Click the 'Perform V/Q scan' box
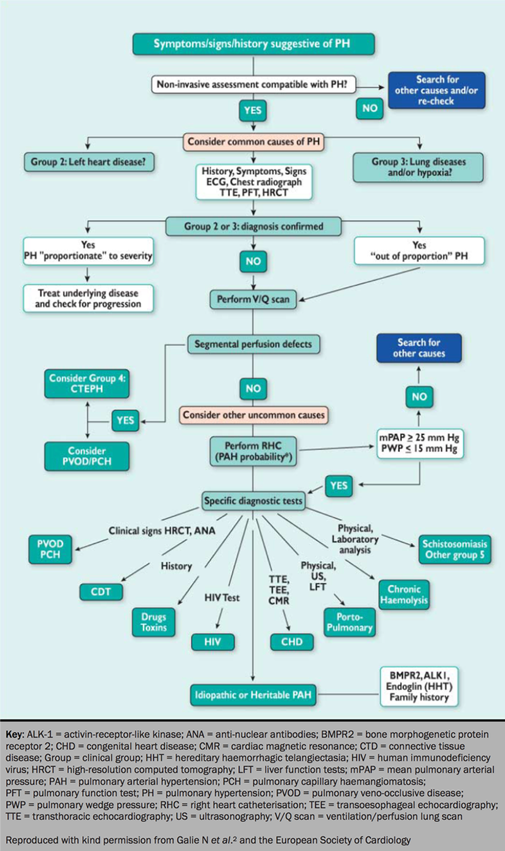pyautogui.click(x=253, y=299)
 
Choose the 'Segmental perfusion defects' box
pyautogui.click(x=253, y=344)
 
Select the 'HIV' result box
pyautogui.click(x=213, y=641)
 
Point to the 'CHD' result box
pyautogui.click(x=292, y=641)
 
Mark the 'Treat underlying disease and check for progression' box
pyautogui.click(x=88, y=299)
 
